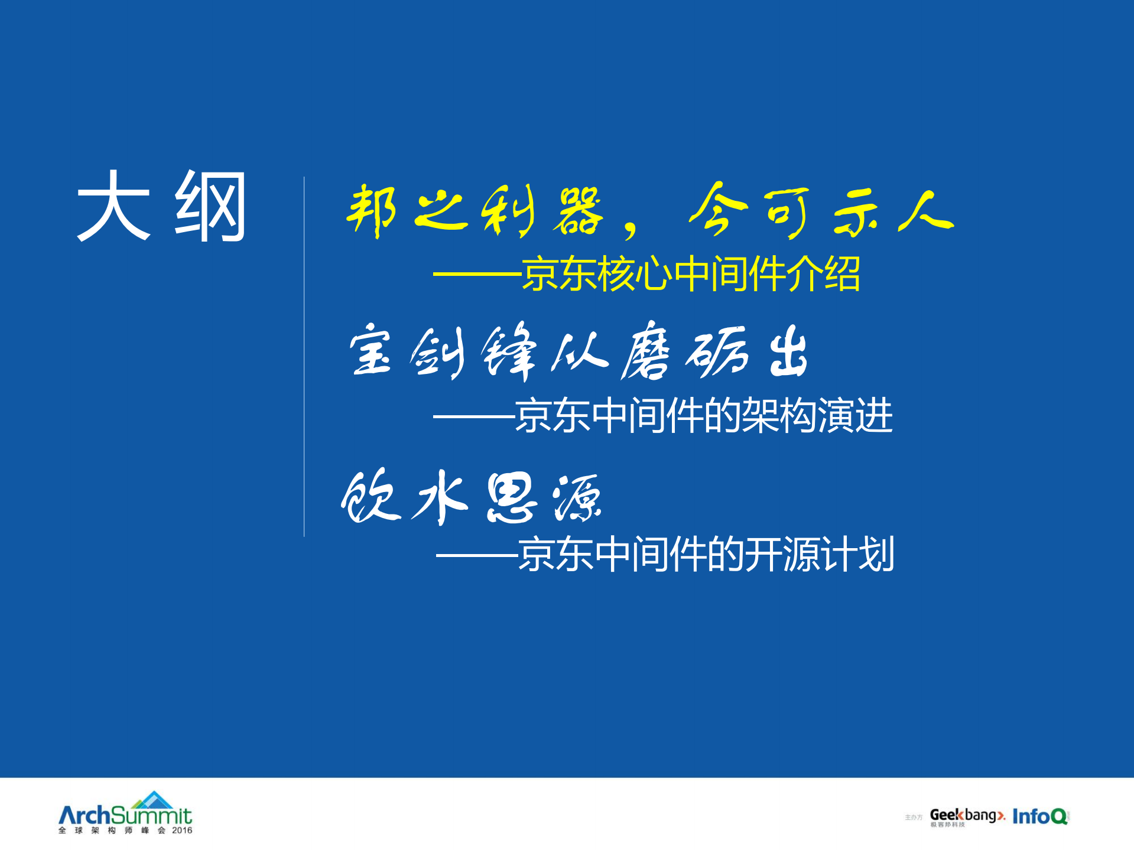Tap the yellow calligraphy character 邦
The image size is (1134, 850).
point(371,210)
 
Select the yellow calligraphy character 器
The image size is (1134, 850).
point(578,210)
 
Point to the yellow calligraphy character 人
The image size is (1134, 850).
point(925,211)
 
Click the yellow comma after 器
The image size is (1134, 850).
point(631,227)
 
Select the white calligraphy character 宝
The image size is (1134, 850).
point(371,351)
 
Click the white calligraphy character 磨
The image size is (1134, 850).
point(646,352)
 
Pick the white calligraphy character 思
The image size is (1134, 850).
point(511,499)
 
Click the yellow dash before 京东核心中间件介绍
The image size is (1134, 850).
point(476,275)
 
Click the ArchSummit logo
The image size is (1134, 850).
point(125,813)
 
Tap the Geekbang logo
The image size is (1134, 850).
point(967,816)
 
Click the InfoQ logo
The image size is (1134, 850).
point(1039,816)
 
